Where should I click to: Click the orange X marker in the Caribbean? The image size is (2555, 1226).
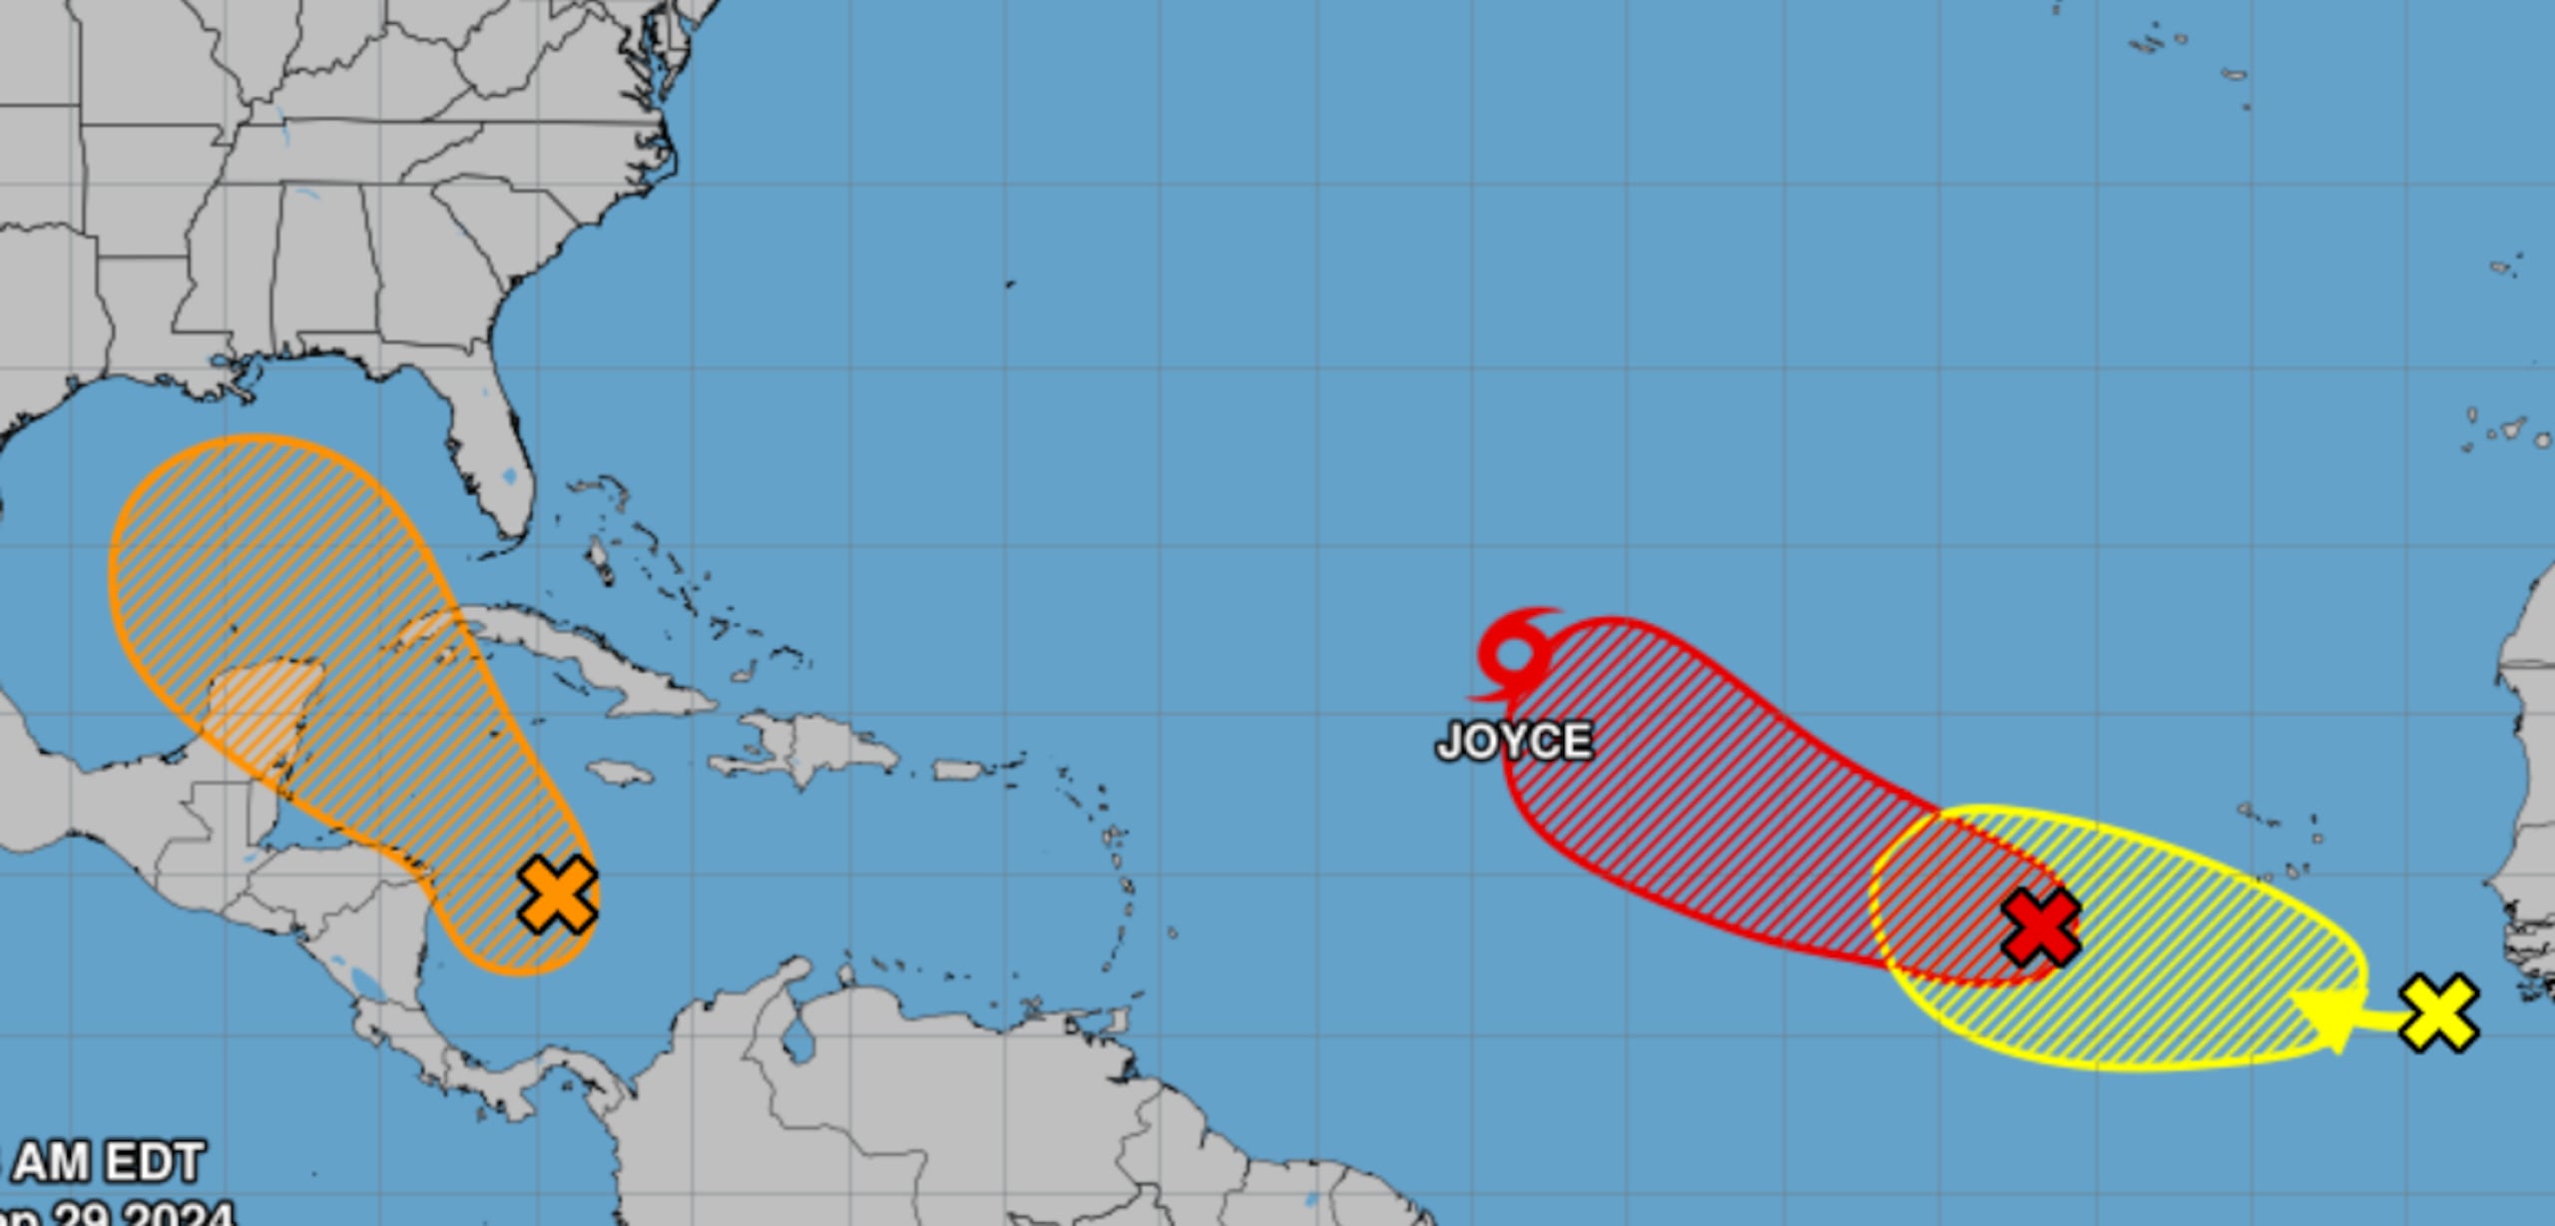point(558,895)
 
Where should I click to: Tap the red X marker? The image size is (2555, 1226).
point(2041,927)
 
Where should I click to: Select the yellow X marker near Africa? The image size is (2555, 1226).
point(2438,1013)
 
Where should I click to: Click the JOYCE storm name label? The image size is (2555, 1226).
point(1514,742)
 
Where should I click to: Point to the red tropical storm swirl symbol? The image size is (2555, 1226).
point(1514,655)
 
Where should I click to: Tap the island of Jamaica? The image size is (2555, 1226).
point(620,772)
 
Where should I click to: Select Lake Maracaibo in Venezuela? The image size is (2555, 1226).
point(797,1038)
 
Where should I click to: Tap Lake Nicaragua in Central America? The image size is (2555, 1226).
point(365,983)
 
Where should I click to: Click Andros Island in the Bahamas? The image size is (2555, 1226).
point(599,559)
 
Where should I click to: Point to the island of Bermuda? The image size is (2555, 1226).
point(1010,284)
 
